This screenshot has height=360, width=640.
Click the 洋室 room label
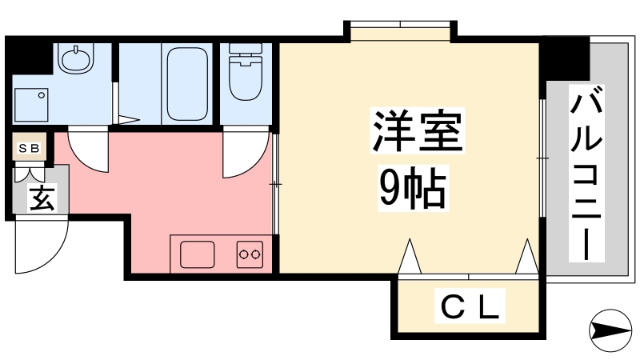[417, 130]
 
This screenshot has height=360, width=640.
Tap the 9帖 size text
[413, 188]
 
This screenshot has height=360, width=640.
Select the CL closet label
[470, 306]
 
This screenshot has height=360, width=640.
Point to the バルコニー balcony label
[586, 173]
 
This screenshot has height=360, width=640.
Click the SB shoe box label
[30, 148]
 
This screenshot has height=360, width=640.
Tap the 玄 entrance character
[42, 198]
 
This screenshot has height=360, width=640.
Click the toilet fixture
[246, 71]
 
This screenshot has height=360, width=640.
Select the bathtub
[187, 84]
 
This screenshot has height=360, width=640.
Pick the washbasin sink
[75, 58]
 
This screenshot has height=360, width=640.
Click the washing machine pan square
[31, 105]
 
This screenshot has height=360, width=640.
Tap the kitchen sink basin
[197, 254]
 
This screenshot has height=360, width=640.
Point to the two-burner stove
[250, 254]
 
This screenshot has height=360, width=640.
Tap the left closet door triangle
[409, 256]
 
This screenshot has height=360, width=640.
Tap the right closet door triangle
[527, 256]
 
